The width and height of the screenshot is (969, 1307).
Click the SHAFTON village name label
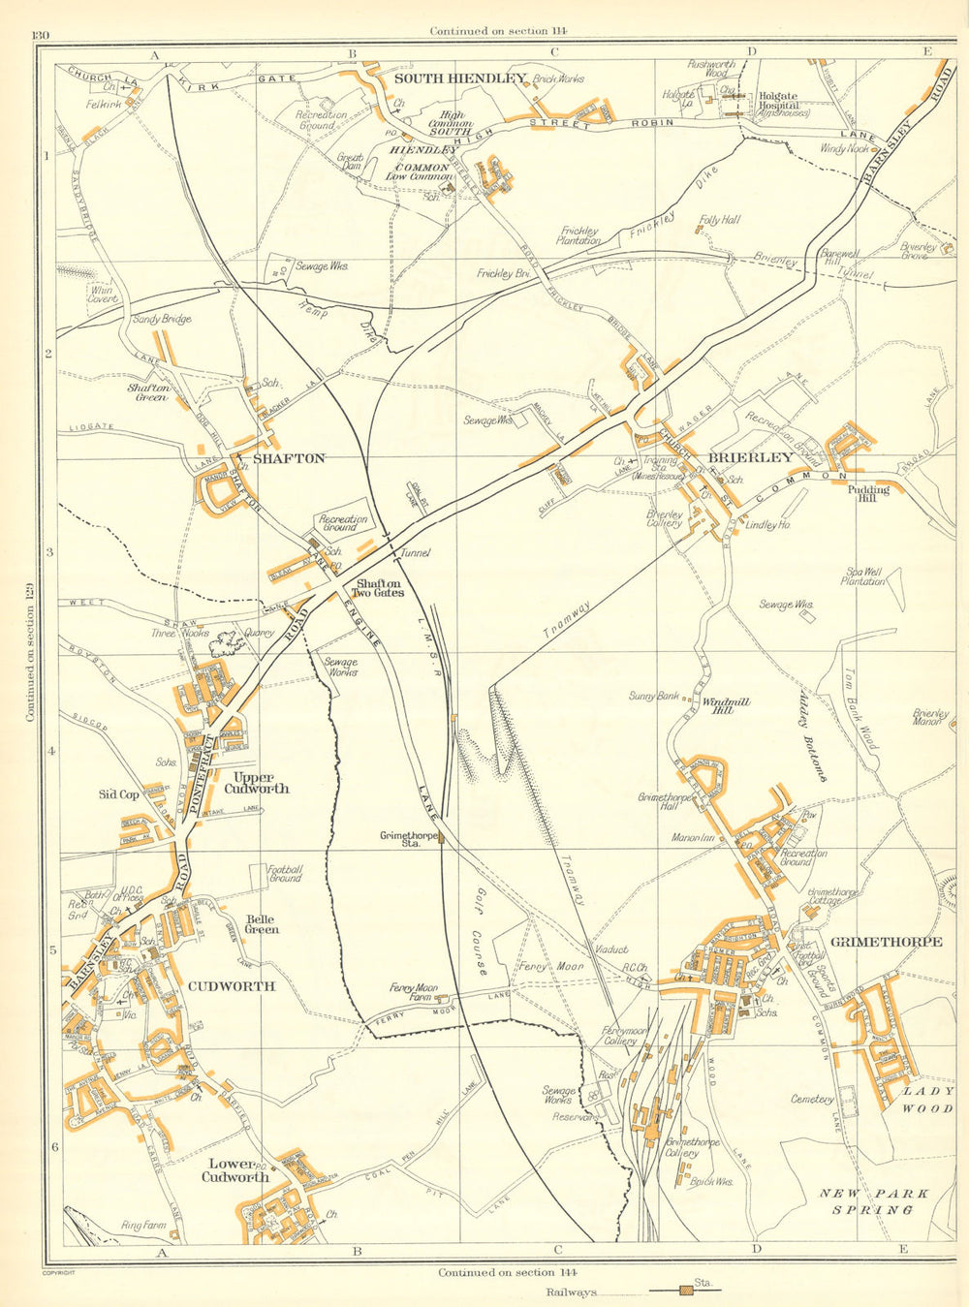289,458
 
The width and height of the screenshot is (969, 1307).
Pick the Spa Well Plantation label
863,576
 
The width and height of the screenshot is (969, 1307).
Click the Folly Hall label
719,221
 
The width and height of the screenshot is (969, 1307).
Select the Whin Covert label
102,295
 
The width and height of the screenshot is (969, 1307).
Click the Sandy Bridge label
161,319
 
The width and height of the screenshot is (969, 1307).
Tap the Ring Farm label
143,1227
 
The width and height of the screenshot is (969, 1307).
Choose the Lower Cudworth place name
234,1170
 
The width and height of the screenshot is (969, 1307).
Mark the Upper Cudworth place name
256,783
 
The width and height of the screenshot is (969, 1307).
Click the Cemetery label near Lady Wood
812,1099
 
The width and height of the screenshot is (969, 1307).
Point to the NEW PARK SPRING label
874,1201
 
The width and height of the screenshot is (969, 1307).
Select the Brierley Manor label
928,717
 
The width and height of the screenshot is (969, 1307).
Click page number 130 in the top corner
41,36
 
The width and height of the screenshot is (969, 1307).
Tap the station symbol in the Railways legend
686,1291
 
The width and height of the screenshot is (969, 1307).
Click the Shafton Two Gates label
378,589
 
